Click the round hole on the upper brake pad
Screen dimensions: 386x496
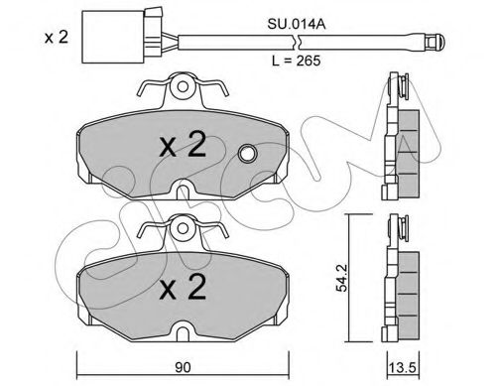point(248,154)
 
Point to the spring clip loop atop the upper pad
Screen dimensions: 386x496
point(183,90)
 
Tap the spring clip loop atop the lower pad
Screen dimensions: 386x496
point(183,229)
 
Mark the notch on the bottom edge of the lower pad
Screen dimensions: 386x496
point(183,327)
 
